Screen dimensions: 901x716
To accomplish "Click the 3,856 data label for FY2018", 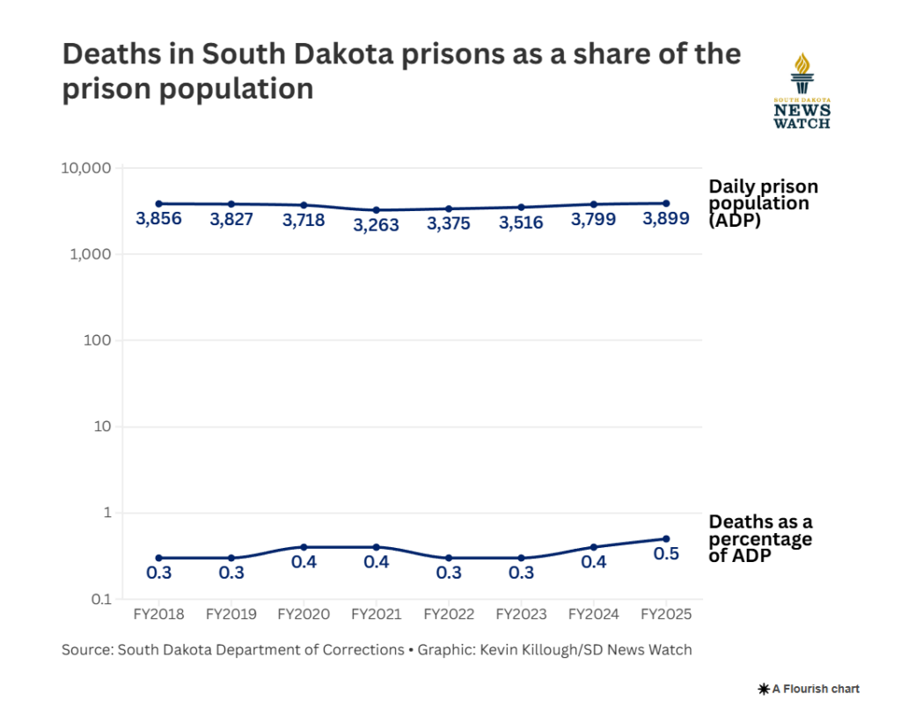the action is pos(158,219).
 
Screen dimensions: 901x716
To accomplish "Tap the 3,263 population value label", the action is pos(376,224).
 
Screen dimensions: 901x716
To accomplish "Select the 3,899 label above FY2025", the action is pos(666,218).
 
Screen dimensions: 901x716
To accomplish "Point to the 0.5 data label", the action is pos(666,554).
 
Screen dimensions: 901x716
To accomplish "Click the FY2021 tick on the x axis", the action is pos(376,614).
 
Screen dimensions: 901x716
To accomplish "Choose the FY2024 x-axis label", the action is pos(594,614).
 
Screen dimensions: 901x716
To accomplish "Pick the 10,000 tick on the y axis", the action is pos(86,168).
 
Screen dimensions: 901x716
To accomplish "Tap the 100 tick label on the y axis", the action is pos(97,340).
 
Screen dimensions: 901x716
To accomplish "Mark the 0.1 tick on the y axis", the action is pos(101,599).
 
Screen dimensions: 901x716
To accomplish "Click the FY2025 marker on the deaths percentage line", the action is pos(666,539).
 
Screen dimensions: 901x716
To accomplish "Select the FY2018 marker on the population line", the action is pos(158,203).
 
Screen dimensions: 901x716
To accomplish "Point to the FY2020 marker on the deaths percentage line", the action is pos(304,547).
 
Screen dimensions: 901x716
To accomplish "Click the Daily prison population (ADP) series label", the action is pos(763,203).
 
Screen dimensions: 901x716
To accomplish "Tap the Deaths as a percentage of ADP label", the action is pos(760,538).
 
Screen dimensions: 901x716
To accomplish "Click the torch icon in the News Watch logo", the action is pos(802,73).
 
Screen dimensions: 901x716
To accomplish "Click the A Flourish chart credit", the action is pos(809,689).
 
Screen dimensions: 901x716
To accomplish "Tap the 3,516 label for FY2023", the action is pos(521,223).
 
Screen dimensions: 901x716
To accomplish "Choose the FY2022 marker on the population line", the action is pos(448,208).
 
